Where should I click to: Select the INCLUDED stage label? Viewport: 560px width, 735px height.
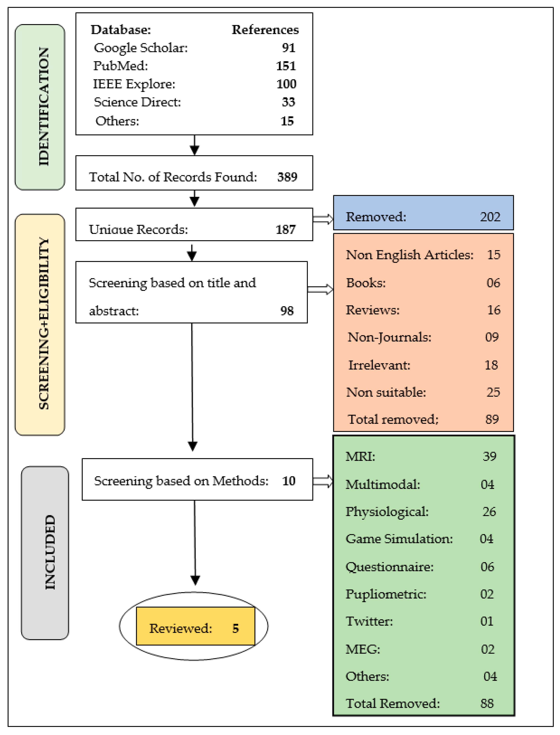pos(50,552)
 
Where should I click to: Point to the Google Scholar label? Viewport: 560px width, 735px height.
pos(141,48)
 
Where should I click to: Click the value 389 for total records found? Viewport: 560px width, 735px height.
pos(287,177)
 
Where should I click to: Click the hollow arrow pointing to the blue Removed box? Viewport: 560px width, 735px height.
pos(323,219)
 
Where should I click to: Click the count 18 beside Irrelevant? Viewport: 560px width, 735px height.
pos(491,365)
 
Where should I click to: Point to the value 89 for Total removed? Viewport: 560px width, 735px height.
pos(492,419)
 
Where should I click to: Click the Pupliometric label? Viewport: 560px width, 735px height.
pos(386,594)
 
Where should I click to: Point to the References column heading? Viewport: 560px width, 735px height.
pos(265,30)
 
